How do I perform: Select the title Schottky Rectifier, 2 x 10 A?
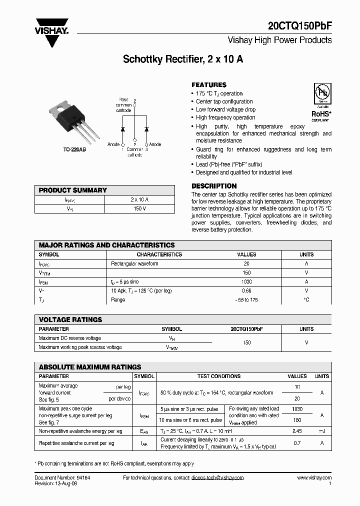click(x=183, y=59)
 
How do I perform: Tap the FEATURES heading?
click(x=209, y=85)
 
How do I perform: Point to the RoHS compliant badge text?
click(x=320, y=114)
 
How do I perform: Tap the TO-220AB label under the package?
click(x=74, y=149)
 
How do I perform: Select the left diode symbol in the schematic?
click(x=123, y=129)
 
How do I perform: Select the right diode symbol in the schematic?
click(x=146, y=129)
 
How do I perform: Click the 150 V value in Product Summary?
click(x=139, y=208)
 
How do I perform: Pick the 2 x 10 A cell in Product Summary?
click(x=139, y=199)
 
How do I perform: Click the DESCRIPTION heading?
click(x=214, y=186)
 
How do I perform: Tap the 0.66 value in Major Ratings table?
click(x=246, y=290)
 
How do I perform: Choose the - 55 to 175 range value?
click(x=246, y=299)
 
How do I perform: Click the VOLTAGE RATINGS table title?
click(x=70, y=319)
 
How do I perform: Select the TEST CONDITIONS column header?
click(x=218, y=376)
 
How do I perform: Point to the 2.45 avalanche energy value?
click(x=297, y=430)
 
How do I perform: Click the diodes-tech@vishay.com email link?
click(x=217, y=478)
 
